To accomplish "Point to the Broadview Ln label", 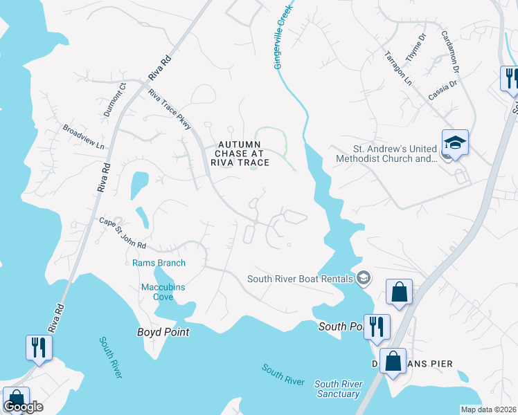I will (x=82, y=137).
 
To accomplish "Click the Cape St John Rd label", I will (x=123, y=233).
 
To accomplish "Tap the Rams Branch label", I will (x=159, y=263).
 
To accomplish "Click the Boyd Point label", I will (x=163, y=332).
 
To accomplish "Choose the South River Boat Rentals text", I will (x=301, y=279).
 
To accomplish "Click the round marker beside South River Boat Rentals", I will (x=363, y=279).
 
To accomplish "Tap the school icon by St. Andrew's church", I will (x=455, y=143).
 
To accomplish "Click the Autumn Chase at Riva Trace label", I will (x=240, y=154).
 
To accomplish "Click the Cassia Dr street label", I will (x=443, y=91).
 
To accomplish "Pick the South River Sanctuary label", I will (x=337, y=389).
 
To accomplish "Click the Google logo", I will (x=23, y=407).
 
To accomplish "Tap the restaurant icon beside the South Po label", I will (x=377, y=327).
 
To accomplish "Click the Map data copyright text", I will (x=488, y=409).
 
